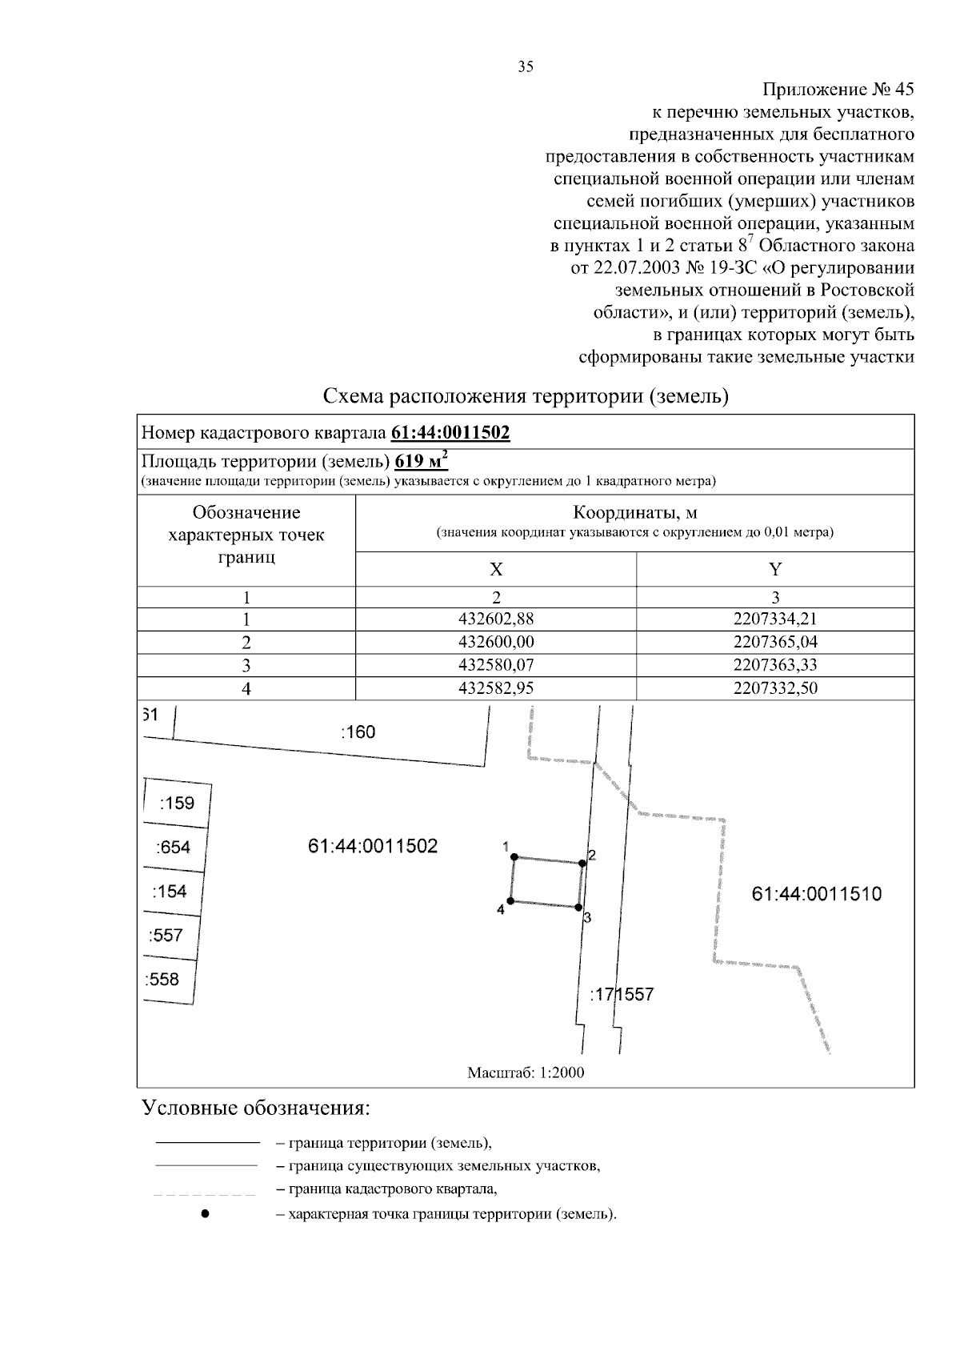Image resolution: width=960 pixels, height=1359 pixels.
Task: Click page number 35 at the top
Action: (526, 67)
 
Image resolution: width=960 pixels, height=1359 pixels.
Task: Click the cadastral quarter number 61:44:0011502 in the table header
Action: (450, 433)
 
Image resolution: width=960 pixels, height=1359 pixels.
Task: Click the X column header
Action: (496, 569)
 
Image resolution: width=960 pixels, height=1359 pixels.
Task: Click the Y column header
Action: (775, 569)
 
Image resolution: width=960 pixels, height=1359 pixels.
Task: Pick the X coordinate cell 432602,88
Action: (496, 619)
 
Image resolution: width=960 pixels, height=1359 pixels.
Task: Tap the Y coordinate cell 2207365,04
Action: (775, 642)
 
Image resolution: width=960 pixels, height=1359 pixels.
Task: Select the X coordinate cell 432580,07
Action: (496, 665)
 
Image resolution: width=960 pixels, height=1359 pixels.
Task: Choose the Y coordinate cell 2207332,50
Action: (775, 688)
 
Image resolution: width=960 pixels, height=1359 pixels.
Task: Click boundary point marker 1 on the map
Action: (514, 856)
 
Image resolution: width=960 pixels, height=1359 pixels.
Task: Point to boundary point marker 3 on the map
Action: (578, 908)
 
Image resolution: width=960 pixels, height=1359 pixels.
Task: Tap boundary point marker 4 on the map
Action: (510, 901)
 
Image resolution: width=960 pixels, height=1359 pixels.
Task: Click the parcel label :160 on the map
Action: (358, 732)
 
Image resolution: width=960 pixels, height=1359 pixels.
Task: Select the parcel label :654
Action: (174, 848)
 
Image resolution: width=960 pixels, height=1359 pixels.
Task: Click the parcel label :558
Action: (162, 979)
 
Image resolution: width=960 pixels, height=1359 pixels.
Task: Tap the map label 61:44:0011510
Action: (817, 894)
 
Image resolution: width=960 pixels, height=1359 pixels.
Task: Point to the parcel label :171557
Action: (622, 995)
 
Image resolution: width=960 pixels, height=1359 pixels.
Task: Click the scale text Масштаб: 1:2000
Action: (526, 1072)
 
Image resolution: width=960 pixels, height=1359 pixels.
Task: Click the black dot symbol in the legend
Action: (206, 1213)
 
